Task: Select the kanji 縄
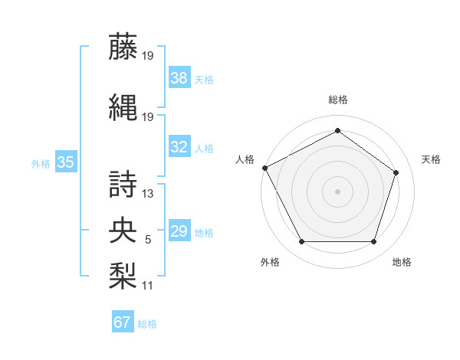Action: pyautogui.click(x=124, y=108)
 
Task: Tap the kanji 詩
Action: pyautogui.click(x=124, y=185)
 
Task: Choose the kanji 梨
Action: pyautogui.click(x=124, y=273)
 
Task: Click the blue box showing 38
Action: pyautogui.click(x=179, y=77)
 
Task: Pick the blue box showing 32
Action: pyautogui.click(x=179, y=147)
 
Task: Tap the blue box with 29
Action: pyautogui.click(x=179, y=231)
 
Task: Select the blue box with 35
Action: pyautogui.click(x=66, y=162)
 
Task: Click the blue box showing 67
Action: pyautogui.click(x=122, y=322)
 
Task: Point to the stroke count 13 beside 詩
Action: pyautogui.click(x=148, y=194)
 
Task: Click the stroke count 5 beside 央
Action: pyautogui.click(x=148, y=240)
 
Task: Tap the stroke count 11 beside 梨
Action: pyautogui.click(x=148, y=286)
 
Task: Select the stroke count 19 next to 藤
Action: pyautogui.click(x=148, y=55)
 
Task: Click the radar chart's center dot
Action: pyautogui.click(x=337, y=191)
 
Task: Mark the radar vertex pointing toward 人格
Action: pyautogui.click(x=265, y=168)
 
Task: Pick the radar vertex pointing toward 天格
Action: pyautogui.click(x=396, y=172)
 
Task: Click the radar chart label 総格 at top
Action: pyautogui.click(x=337, y=100)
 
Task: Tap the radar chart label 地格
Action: pyautogui.click(x=402, y=262)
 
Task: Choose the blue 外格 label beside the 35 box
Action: pyautogui.click(x=41, y=163)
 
